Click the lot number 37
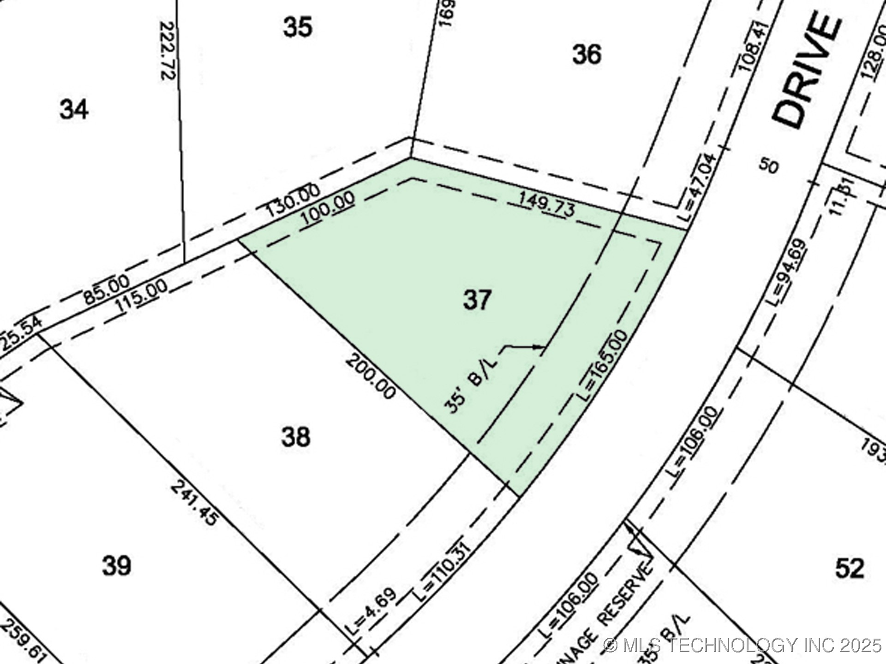point(477,300)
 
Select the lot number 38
point(296,437)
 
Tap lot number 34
point(74,110)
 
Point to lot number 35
point(298,27)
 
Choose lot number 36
point(587,54)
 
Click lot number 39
point(116,565)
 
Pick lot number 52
point(850,568)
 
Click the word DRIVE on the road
point(806,71)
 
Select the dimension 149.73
point(547,204)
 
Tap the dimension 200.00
point(371,376)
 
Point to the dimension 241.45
point(194,503)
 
